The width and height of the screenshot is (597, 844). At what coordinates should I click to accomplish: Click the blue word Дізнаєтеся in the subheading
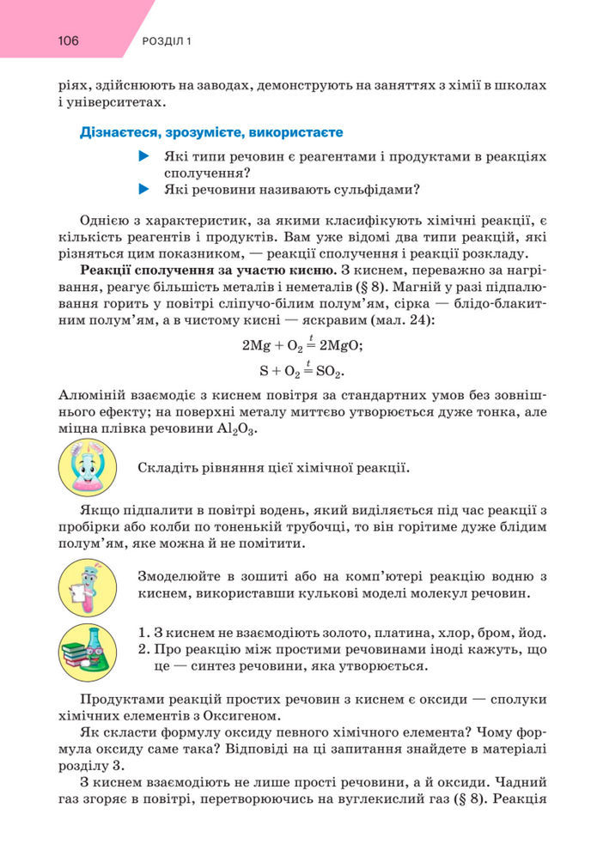click(117, 133)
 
